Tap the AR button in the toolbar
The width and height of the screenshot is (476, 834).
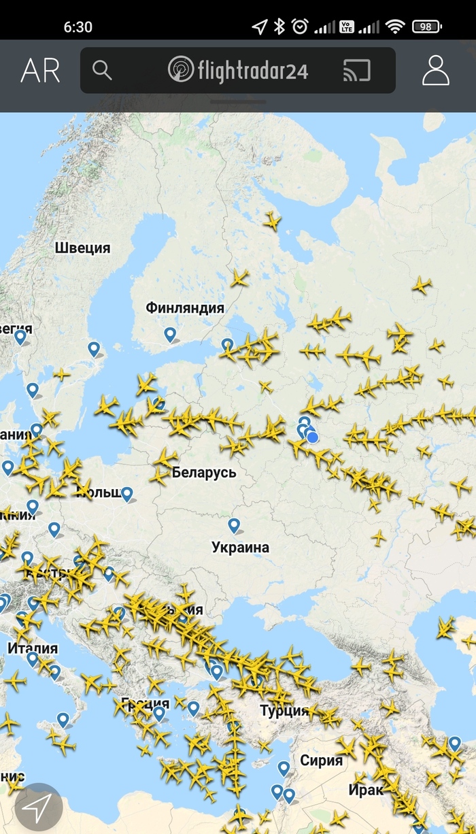pos(40,71)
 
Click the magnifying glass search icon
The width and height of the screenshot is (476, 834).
pos(102,70)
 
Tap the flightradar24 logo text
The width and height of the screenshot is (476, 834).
pos(238,70)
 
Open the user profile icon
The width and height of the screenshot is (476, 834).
pos(436,70)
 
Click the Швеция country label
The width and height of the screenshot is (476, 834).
pos(82,248)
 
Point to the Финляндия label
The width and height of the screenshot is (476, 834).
pos(185,308)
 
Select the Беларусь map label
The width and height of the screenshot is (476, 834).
pos(204,472)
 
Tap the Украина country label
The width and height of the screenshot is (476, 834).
pos(240,547)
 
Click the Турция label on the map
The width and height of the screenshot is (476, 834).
pos(284,711)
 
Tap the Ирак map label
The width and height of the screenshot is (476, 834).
pos(365,790)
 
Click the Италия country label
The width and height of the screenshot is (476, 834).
pos(33,648)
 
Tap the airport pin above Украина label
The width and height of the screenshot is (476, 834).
pos(234,525)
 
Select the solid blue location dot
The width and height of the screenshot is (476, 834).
pos(313,437)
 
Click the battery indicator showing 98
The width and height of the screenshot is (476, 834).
pos(426,27)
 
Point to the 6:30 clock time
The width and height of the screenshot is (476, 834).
pos(78,27)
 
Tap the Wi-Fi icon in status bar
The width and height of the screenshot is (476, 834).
pos(395,27)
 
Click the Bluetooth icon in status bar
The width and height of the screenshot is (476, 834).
pos(279,27)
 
